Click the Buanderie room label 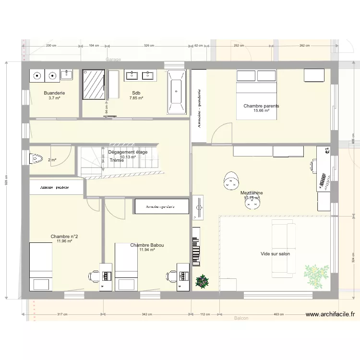click(54, 93)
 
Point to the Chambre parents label click(261, 106)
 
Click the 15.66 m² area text click(261, 111)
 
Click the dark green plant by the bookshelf click(203, 281)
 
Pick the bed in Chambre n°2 click(41, 266)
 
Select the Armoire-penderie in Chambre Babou click(161, 207)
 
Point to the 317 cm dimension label click(62, 315)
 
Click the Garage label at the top click(114, 60)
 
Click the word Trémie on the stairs click(117, 160)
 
